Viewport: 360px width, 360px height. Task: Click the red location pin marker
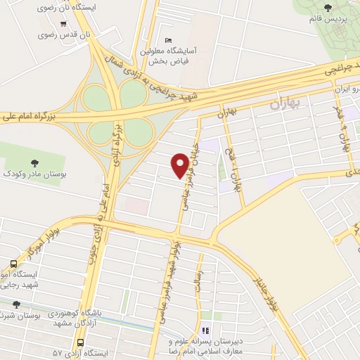180,165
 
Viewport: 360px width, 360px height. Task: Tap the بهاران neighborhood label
284,105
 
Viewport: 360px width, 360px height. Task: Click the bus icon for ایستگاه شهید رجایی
13,264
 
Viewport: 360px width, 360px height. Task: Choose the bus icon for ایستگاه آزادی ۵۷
82,344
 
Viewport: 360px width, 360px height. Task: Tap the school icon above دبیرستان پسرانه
205,330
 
